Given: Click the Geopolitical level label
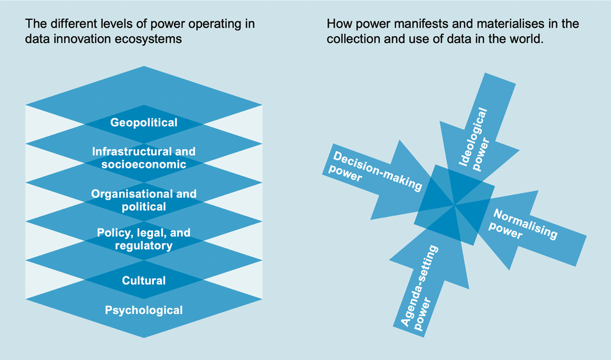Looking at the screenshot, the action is click(x=144, y=123).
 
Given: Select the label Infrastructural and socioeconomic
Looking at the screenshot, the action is click(x=144, y=158).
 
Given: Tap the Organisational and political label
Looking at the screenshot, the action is click(x=144, y=200).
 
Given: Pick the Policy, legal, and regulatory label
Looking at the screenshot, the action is click(x=144, y=239).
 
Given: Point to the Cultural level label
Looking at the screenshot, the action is click(x=144, y=281).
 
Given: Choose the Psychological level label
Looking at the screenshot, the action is click(x=144, y=311).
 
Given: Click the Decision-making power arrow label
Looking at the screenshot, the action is click(x=375, y=171).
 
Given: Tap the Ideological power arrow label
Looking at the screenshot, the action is click(x=474, y=140).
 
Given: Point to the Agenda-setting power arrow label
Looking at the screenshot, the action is click(x=419, y=288).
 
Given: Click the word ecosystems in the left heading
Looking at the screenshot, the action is click(x=148, y=39).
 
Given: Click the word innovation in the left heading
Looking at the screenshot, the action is click(x=82, y=39).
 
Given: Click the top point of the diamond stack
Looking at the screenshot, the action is click(x=144, y=66).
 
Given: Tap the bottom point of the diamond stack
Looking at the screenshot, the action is click(x=144, y=338).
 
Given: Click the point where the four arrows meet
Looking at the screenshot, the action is click(x=454, y=205).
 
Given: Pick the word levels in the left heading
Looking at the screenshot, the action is click(x=117, y=24).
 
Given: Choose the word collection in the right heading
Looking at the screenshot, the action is click(x=353, y=39).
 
